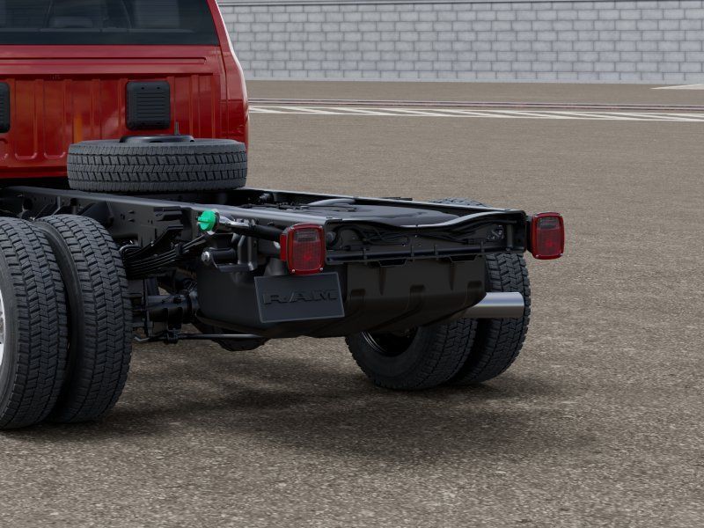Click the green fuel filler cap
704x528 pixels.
click(208, 221)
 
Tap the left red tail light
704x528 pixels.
click(304, 249)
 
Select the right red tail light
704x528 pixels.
click(546, 236)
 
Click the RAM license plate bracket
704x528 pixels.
click(299, 297)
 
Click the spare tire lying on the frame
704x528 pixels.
click(158, 165)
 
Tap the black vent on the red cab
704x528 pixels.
click(148, 106)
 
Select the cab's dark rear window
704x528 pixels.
click(107, 21)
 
